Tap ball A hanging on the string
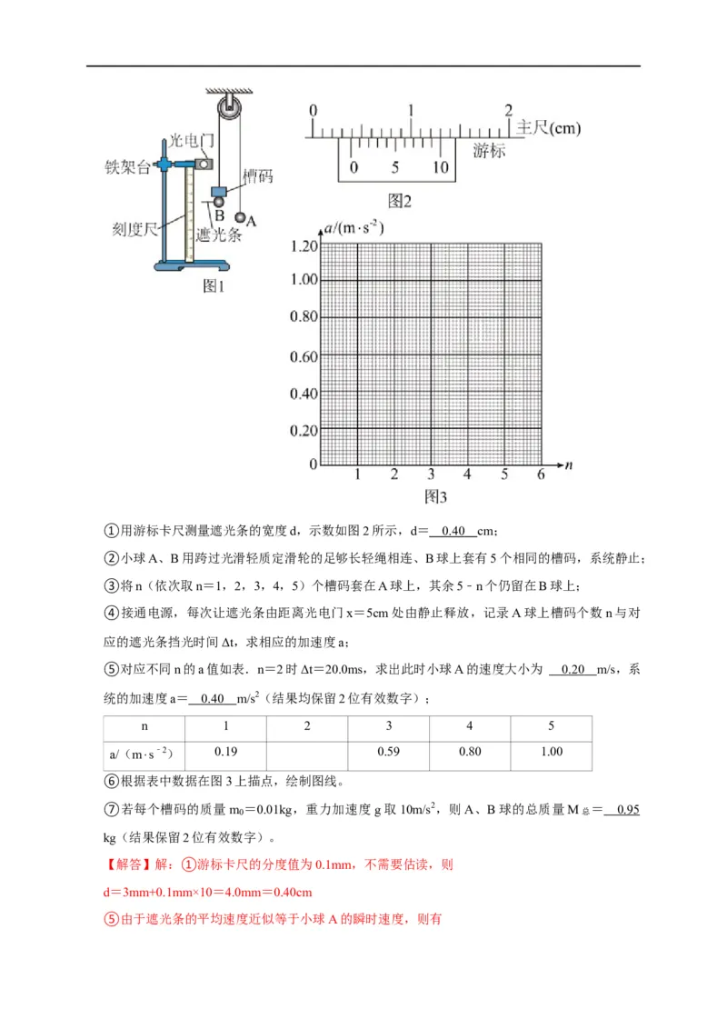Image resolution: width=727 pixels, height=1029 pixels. (x=241, y=218)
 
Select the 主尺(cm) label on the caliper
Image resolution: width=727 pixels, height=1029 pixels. (x=548, y=128)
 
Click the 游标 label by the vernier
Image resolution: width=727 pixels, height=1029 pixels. (x=488, y=151)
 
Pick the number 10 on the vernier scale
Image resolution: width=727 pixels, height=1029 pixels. (x=440, y=167)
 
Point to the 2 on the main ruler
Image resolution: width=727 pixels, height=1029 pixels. (x=509, y=109)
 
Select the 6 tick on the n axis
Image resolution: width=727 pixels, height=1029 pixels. (x=540, y=475)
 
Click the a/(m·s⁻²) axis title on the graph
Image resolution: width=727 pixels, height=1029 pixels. (x=354, y=228)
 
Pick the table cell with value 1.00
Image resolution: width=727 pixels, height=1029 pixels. (x=551, y=752)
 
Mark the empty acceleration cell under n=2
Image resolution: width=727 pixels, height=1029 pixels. (x=306, y=752)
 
